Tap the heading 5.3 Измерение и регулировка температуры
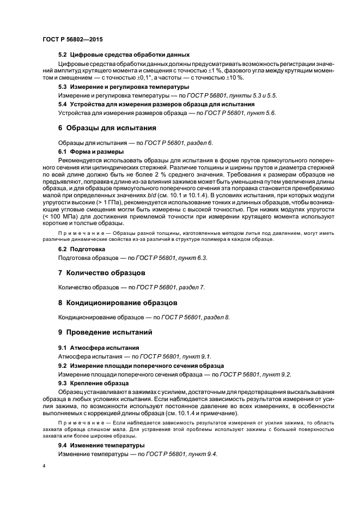click(124, 87)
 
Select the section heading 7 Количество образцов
click(102, 272)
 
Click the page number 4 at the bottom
click(44, 467)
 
